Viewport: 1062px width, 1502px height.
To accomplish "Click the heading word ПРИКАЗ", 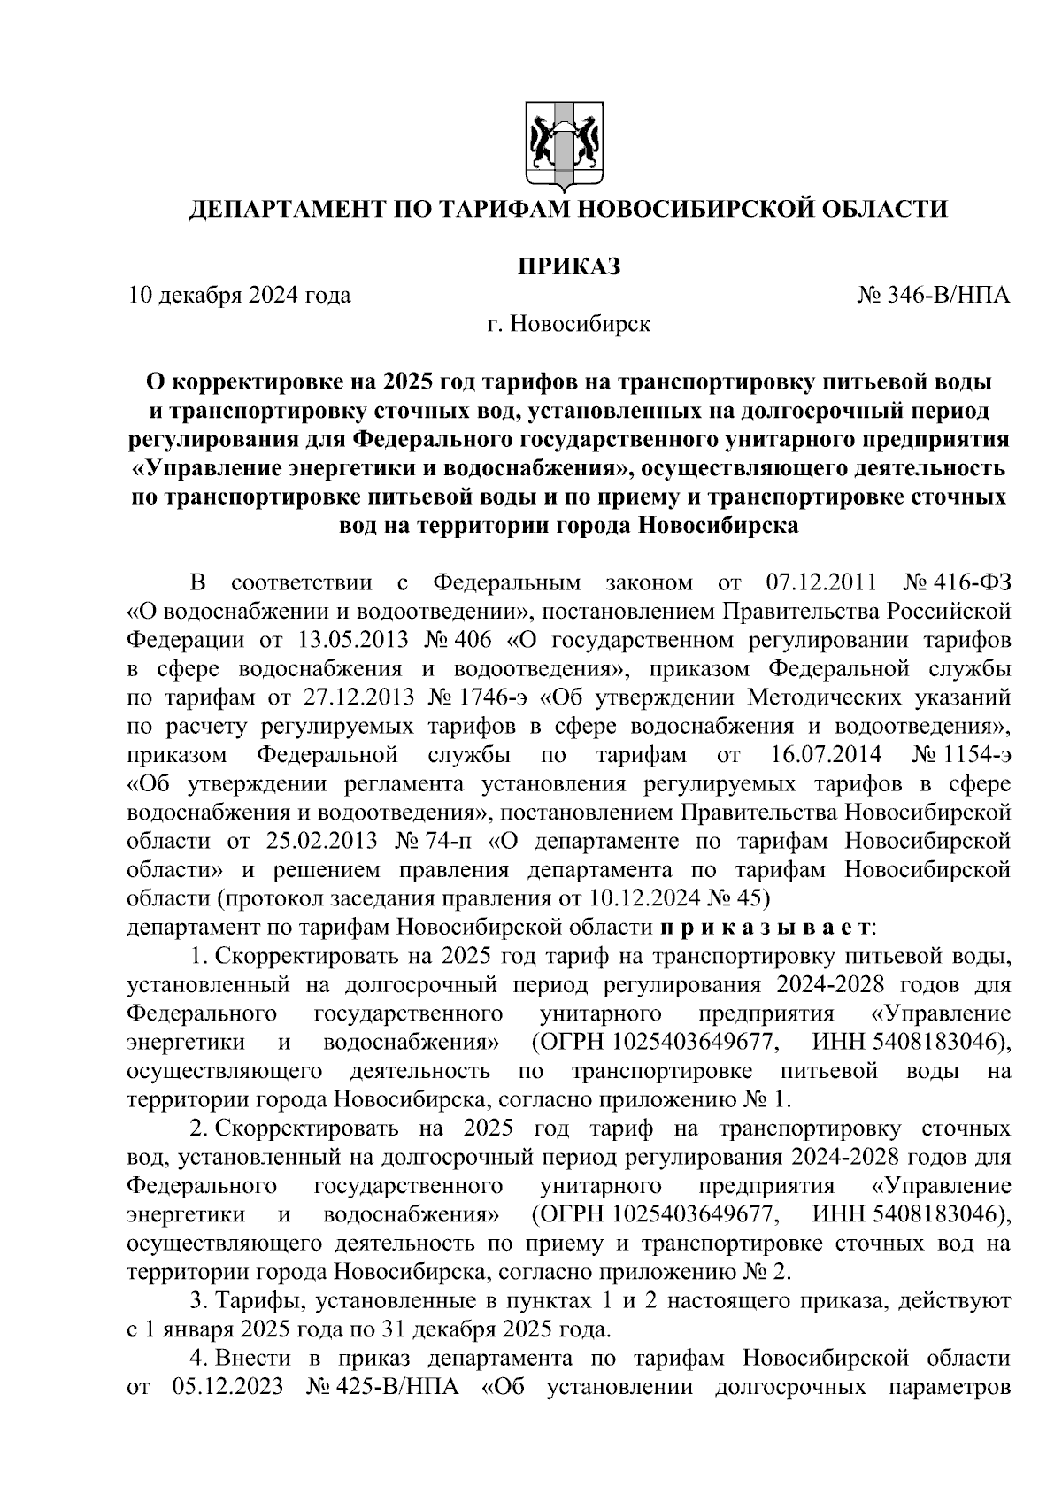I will point(568,266).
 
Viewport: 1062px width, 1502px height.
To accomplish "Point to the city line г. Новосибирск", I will point(568,324).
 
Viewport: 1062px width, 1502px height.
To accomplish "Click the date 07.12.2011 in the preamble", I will point(819,583).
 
